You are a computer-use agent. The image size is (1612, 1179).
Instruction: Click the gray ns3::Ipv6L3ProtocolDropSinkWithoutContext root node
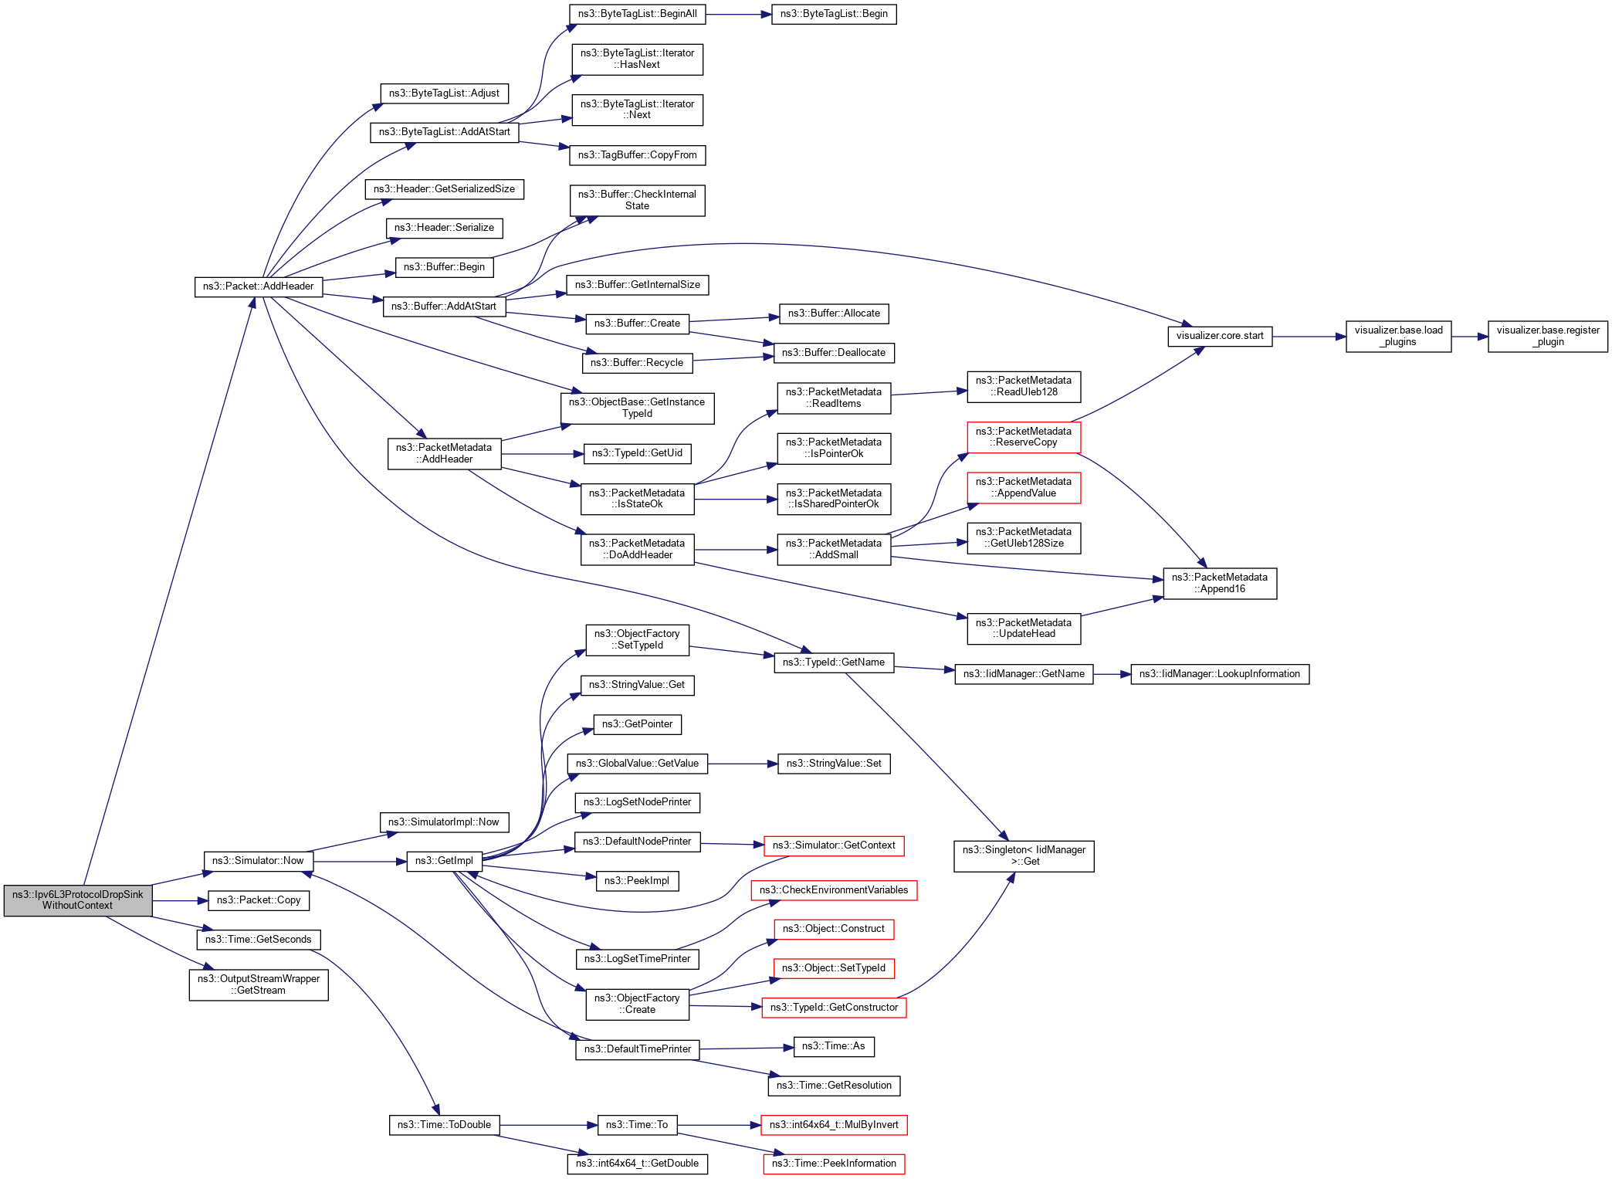77,900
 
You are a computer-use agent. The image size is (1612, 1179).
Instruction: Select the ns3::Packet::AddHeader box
258,286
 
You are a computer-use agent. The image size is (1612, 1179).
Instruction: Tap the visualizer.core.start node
1219,336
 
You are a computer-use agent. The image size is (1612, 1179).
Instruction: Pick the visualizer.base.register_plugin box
1547,336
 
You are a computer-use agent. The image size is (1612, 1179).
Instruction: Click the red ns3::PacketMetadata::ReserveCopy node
1023,437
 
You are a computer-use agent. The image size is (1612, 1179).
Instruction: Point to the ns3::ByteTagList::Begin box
834,14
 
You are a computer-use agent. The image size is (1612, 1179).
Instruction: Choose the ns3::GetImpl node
444,861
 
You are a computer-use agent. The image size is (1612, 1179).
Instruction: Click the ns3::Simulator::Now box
258,861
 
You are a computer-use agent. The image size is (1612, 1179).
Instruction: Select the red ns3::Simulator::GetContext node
833,845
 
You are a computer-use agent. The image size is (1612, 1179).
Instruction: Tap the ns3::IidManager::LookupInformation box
1219,674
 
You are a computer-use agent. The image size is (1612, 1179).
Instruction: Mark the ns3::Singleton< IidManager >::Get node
1023,855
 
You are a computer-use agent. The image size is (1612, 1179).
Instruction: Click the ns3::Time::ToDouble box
444,1125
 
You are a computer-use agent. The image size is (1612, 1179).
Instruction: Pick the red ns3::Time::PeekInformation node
834,1164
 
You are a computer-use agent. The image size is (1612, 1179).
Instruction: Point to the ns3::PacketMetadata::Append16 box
1219,583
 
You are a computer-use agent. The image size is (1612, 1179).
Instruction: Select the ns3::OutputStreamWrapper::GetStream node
258,984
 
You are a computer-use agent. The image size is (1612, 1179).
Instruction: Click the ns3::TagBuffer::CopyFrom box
637,155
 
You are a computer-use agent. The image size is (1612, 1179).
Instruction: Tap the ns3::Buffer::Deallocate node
833,353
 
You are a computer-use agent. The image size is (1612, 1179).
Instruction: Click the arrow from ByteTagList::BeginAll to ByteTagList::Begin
738,14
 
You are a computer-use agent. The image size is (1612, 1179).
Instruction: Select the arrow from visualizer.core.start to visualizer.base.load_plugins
1309,337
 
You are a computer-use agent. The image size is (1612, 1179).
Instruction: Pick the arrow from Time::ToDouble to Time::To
548,1125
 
